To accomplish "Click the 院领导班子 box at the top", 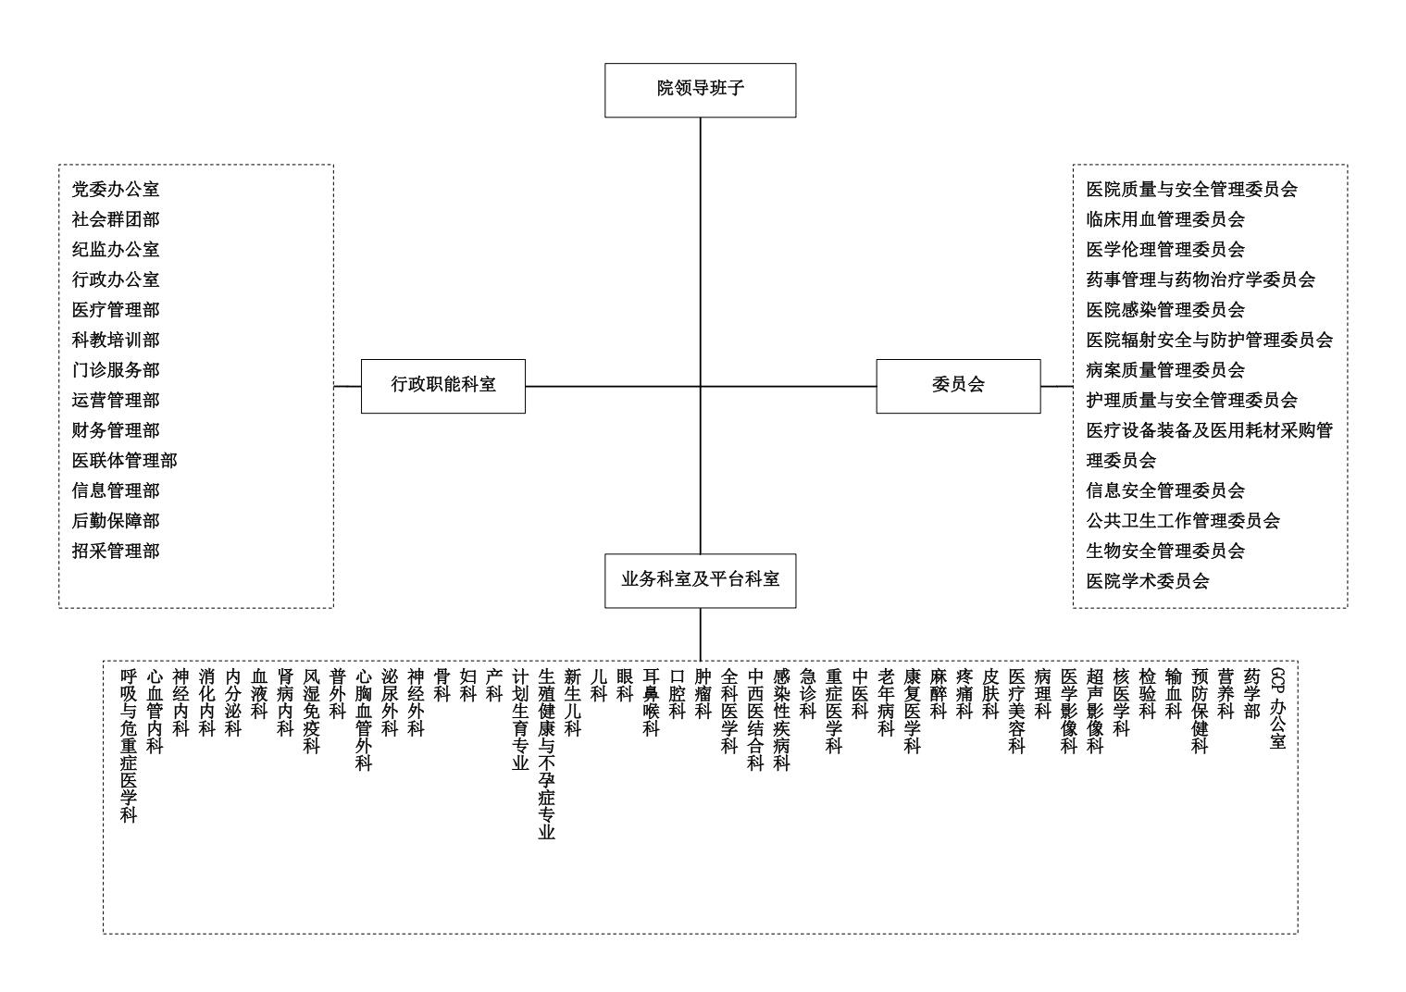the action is (x=700, y=91).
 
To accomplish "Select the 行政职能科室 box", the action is (x=443, y=386).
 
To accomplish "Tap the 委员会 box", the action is (x=958, y=386).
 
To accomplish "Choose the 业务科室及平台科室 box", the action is (x=700, y=580).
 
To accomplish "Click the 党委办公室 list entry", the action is (x=116, y=189).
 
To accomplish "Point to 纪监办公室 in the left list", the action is (x=116, y=249).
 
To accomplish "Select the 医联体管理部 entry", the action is (x=124, y=461).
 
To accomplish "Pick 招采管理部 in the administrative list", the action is (x=116, y=551).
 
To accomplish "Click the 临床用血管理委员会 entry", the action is (x=1165, y=219).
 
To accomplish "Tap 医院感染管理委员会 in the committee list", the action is (x=1165, y=309).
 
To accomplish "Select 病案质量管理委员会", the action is (x=1165, y=369).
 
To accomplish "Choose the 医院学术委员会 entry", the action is (x=1148, y=581).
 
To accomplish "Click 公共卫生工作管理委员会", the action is (x=1183, y=521).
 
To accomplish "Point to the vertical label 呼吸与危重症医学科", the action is (x=129, y=746).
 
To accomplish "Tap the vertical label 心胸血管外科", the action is (x=364, y=720).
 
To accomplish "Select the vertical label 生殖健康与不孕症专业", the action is (x=546, y=754).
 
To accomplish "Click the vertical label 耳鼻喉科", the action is (x=651, y=702).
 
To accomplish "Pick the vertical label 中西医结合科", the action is (x=755, y=720).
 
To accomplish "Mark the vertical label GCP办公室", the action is (x=1278, y=709).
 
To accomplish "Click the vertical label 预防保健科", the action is (x=1200, y=711).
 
